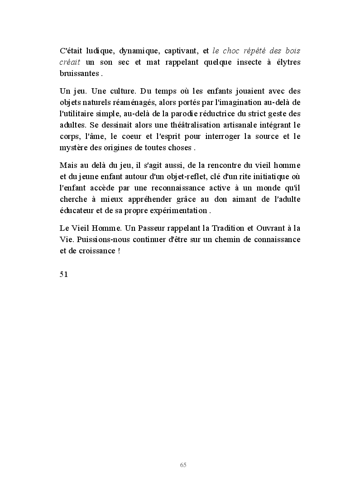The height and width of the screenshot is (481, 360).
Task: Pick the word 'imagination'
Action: pyautogui.click(x=240, y=103)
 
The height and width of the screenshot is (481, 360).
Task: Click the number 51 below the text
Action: pyautogui.click(x=64, y=274)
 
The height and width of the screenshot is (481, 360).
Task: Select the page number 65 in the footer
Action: pyautogui.click(x=183, y=465)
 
